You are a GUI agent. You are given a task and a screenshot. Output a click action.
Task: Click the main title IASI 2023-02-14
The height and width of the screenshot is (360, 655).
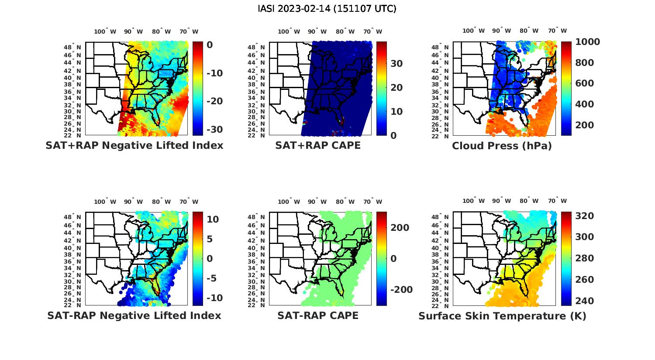click(327, 9)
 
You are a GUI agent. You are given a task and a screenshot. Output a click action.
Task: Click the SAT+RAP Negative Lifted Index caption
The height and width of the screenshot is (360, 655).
click(134, 145)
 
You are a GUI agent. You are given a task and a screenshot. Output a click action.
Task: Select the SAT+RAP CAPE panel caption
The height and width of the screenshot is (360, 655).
click(318, 145)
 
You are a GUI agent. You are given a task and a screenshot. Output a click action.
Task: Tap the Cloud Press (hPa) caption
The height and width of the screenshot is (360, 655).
click(502, 146)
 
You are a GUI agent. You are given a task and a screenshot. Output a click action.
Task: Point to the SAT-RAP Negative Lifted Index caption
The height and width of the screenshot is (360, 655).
click(134, 315)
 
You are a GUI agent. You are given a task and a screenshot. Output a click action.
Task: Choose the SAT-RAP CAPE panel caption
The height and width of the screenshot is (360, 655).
click(318, 315)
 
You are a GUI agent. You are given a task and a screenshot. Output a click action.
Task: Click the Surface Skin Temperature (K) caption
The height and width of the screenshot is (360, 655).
click(502, 316)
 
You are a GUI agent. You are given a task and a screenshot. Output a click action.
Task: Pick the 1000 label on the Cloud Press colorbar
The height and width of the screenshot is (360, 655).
click(587, 42)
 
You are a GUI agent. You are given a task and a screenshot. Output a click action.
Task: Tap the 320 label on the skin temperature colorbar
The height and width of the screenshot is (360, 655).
click(584, 216)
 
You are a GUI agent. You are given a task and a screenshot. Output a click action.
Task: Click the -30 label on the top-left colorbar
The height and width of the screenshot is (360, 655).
click(214, 130)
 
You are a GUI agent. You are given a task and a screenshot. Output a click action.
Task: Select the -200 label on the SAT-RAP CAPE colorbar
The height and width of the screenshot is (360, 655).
click(400, 290)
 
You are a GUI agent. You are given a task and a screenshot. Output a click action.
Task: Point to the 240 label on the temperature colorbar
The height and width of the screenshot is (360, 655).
click(584, 301)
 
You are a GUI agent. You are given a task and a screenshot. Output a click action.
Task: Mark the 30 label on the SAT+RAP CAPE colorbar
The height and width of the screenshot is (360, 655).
click(396, 64)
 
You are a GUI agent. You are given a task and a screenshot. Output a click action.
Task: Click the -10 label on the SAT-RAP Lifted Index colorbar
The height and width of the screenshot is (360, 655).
click(214, 298)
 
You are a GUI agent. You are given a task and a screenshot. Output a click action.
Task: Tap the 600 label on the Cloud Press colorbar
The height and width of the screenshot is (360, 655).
click(584, 83)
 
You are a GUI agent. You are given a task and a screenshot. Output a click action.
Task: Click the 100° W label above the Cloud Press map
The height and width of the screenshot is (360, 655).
click(474, 31)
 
